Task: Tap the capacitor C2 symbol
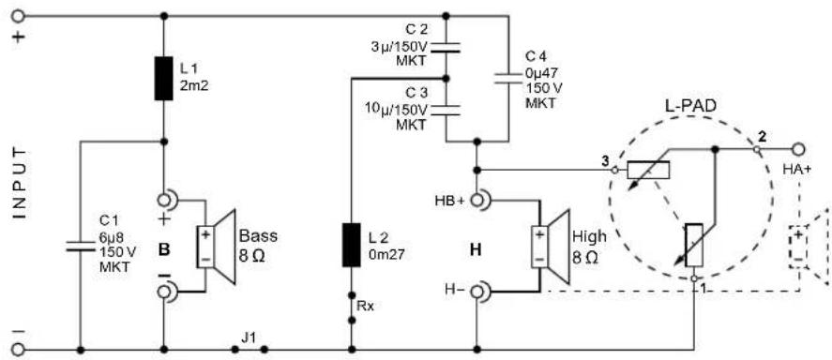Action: [446, 46]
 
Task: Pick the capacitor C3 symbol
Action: [446, 108]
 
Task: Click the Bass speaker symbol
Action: [217, 247]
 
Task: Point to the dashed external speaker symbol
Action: [806, 247]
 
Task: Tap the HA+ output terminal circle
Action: [800, 149]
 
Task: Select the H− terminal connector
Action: [478, 293]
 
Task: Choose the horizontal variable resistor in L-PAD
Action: [648, 170]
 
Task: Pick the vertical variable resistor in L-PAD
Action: [694, 244]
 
